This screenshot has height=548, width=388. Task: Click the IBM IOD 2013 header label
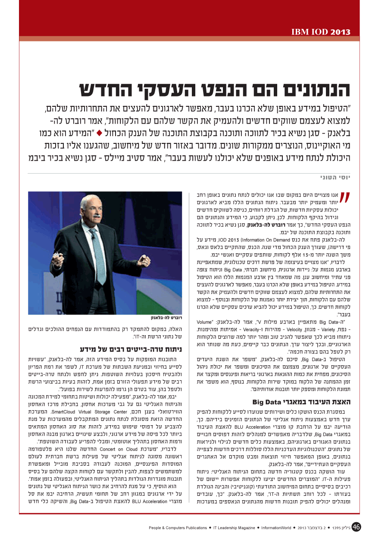321,32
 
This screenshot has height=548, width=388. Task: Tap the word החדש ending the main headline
108,89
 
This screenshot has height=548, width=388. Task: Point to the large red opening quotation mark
344,198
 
